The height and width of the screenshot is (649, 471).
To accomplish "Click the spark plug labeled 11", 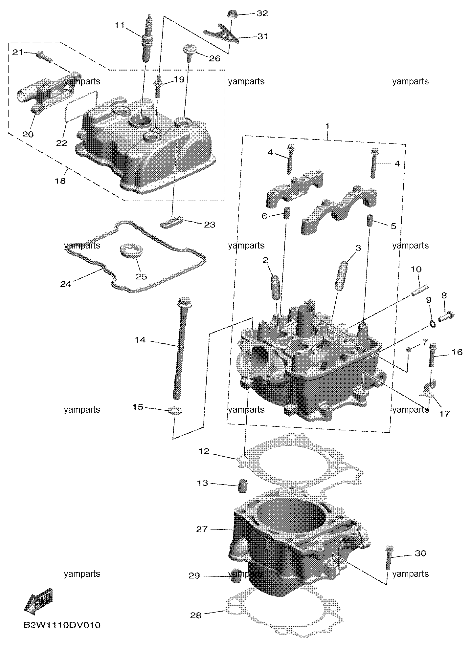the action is pos(146,38).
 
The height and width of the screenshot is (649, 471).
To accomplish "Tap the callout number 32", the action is pos(262,13).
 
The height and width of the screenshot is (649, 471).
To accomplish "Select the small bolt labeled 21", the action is pos(45,57).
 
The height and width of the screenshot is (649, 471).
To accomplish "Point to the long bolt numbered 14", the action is pos(181,348).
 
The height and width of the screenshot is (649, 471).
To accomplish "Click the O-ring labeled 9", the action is pos(433,324).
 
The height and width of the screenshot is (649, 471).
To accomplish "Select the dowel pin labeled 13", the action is pos(242,486).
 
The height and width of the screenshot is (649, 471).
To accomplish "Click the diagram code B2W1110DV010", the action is pos(62,625).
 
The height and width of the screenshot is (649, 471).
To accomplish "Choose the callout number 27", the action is pos(202,529).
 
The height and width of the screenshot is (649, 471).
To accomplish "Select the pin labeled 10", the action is pos(420,291).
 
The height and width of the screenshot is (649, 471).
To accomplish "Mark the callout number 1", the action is pos(327,126).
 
